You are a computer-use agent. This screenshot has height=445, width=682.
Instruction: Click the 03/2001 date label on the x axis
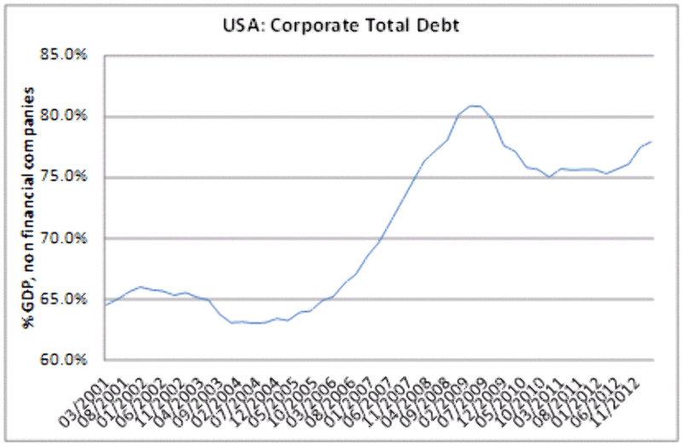click(x=88, y=394)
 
